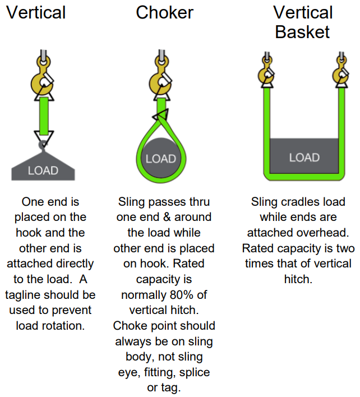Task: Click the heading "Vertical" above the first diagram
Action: tap(36, 12)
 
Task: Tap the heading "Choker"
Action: tap(164, 12)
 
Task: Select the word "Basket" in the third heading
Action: tap(303, 31)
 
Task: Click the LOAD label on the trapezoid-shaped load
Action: tap(43, 170)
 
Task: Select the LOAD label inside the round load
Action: tap(161, 159)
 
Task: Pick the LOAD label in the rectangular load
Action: tap(304, 157)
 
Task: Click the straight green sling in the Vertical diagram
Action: tap(43, 116)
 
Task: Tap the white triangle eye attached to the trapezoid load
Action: tap(43, 136)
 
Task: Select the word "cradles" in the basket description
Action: tap(303, 201)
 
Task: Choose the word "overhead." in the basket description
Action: tap(325, 232)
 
